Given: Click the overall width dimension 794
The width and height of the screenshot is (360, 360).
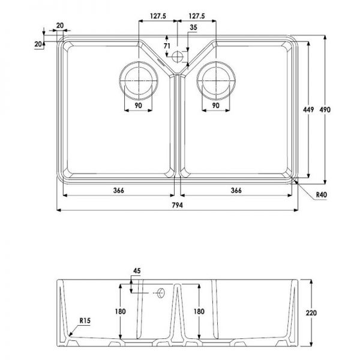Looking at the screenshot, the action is tap(177, 205).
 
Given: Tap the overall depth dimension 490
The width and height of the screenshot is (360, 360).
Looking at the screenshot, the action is tap(325, 110).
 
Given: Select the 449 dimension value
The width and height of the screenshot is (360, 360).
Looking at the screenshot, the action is tap(308, 110).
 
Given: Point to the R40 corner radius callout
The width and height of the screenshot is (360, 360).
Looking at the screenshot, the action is tap(321, 195).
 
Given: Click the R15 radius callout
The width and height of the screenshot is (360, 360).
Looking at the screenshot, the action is tap(85, 320).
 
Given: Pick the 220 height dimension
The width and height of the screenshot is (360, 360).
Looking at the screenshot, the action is tap(311, 313).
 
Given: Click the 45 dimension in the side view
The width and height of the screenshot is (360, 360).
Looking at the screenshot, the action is tap(137, 271).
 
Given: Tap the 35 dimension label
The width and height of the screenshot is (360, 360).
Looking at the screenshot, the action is tap(193, 28).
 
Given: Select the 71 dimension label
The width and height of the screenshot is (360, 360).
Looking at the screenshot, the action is tap(167, 46).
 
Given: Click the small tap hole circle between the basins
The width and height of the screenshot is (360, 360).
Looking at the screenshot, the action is tap(177, 56).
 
